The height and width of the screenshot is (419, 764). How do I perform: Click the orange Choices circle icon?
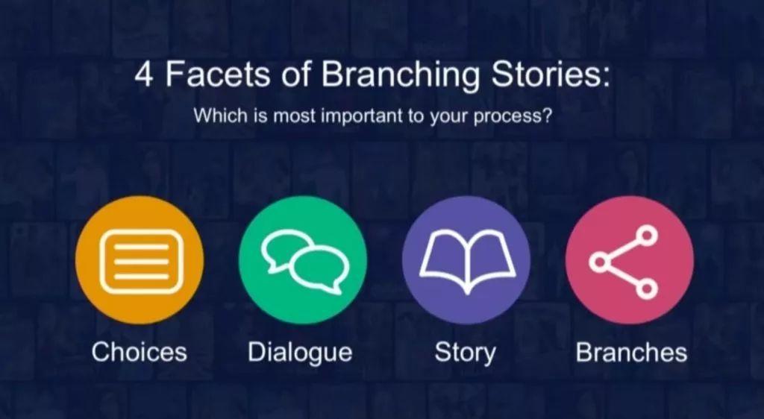pos(140,260)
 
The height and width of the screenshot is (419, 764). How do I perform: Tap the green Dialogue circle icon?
pos(303,260)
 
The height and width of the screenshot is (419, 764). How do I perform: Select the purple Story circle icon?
pos(466,260)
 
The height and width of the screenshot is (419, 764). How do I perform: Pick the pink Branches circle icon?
pos(630,260)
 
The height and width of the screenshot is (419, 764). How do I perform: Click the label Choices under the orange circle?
pos(140,351)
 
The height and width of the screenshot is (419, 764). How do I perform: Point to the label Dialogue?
pos(300,353)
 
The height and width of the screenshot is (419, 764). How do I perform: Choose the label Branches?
pos(631,351)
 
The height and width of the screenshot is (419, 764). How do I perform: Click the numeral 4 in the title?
pos(144,75)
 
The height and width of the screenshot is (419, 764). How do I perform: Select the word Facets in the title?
pos(216,75)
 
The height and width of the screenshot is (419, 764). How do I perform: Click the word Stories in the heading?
pos(550,75)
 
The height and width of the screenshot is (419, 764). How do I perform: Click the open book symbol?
pos(467,261)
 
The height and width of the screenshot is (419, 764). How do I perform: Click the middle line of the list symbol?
pos(141,262)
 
